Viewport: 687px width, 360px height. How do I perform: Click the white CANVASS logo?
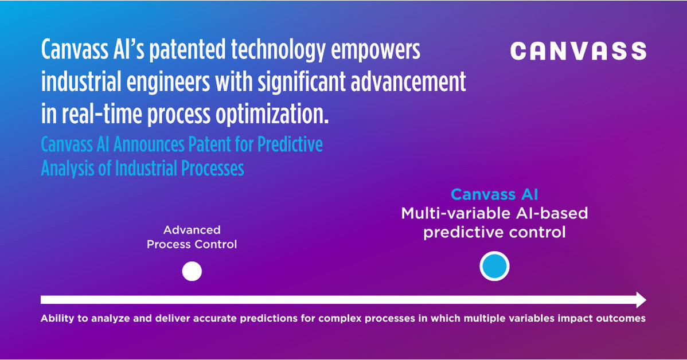tap(578, 51)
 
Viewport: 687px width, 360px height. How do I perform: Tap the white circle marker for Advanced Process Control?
tap(192, 271)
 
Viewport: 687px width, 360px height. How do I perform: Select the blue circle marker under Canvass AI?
tap(494, 267)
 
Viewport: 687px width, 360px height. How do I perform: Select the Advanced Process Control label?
tap(192, 237)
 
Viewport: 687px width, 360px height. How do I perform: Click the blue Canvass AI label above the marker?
tap(494, 194)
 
